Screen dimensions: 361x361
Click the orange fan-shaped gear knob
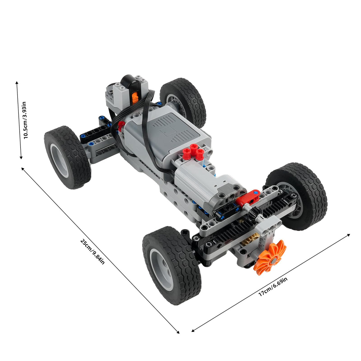[x=270, y=256]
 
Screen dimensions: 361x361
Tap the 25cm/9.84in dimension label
[x=92, y=252]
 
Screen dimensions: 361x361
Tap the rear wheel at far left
[x=67, y=157]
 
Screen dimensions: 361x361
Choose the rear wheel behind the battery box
[x=183, y=101]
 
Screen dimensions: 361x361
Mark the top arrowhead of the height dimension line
[x=17, y=83]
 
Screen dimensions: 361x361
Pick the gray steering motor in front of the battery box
[x=208, y=186]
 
